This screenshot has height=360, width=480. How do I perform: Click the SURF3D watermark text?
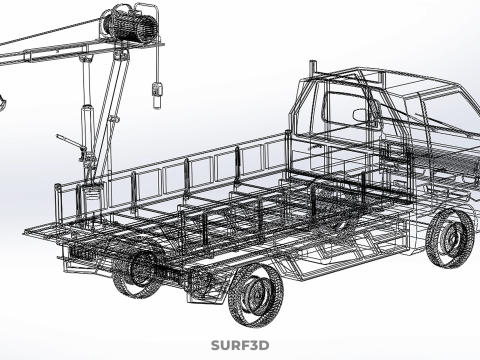[x=240, y=345]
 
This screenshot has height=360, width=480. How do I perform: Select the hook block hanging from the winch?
[x=157, y=95]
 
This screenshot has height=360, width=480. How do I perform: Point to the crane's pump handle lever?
[x=70, y=142]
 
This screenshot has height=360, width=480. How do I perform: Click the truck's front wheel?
[x=450, y=238]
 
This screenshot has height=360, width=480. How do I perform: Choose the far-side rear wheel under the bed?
[x=137, y=274]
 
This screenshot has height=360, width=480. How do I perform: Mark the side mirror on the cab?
[x=363, y=115]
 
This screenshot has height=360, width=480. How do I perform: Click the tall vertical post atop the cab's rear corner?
[x=313, y=69]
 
